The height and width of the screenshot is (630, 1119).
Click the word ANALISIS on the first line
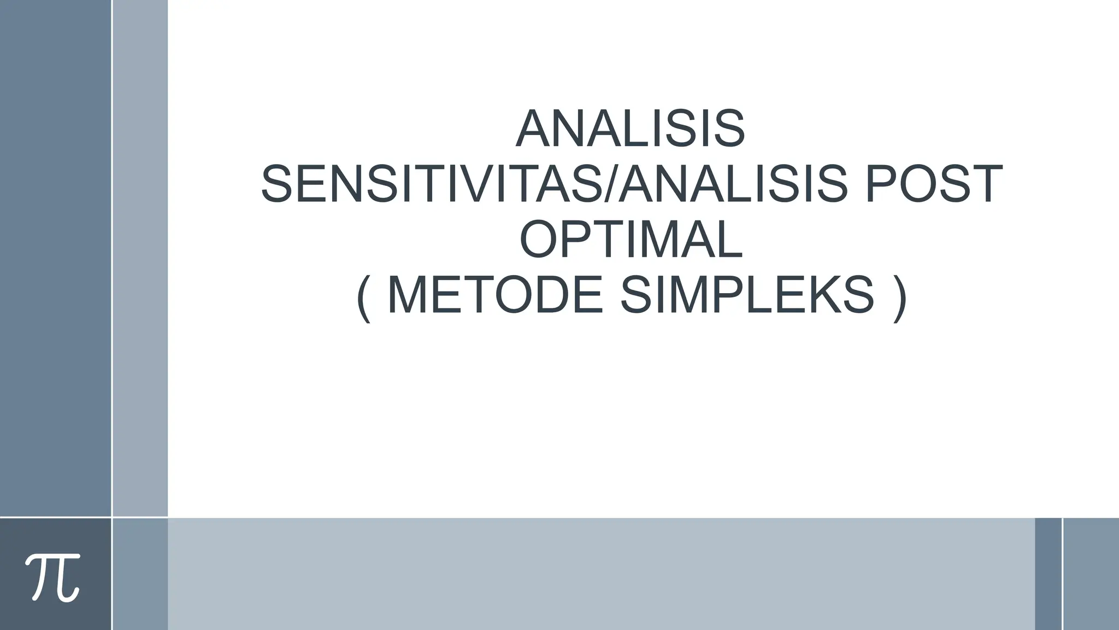click(x=630, y=129)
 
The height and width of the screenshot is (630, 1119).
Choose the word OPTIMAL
click(x=631, y=240)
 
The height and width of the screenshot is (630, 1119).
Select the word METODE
click(x=495, y=296)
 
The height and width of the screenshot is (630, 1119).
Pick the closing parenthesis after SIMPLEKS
click(x=899, y=298)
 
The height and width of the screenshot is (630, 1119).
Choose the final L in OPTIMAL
click(x=729, y=240)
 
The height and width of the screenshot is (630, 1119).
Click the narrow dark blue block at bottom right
click(x=1048, y=574)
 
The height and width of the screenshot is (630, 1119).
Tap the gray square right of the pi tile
click(x=140, y=574)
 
